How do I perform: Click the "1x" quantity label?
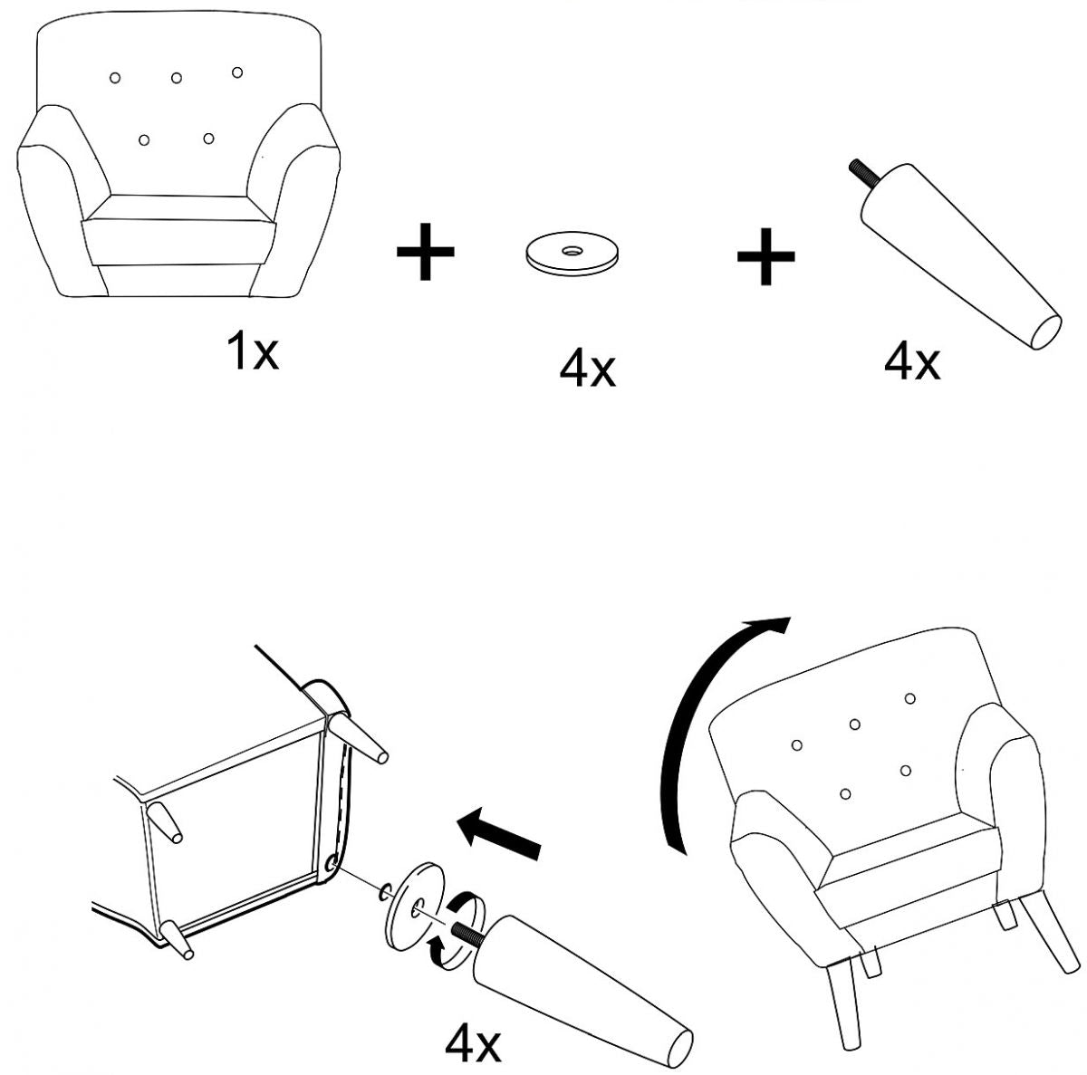[x=252, y=350]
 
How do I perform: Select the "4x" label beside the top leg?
[x=912, y=361]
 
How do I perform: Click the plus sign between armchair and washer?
[x=426, y=252]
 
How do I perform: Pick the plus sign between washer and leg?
[x=765, y=256]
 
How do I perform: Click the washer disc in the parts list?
[x=572, y=254]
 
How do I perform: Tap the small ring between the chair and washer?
[x=385, y=892]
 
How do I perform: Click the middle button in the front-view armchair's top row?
[x=177, y=78]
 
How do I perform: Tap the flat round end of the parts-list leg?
[x=1045, y=332]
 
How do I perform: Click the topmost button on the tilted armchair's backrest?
[x=909, y=698]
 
